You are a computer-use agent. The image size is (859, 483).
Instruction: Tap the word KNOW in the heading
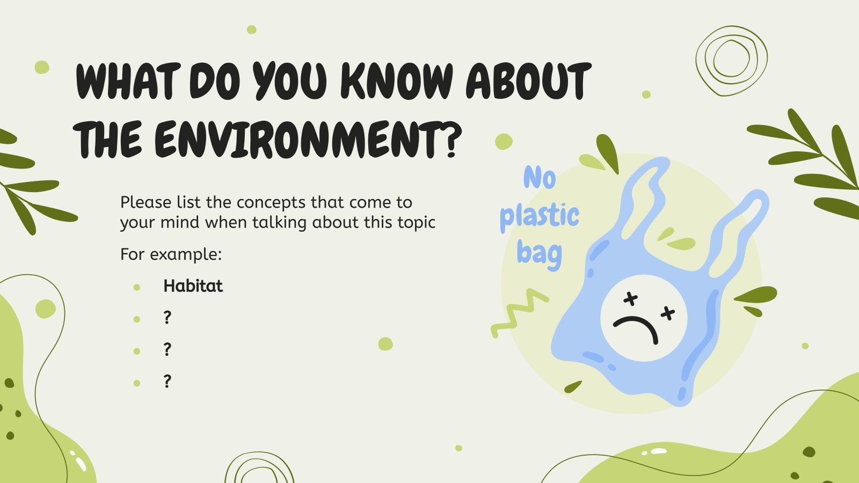[396, 82]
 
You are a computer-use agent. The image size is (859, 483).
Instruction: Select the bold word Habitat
[193, 286]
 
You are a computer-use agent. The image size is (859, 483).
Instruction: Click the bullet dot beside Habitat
[137, 287]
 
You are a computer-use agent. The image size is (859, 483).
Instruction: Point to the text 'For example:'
[171, 254]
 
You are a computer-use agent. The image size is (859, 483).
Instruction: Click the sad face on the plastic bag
[643, 318]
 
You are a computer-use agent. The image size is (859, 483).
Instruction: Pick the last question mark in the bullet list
[168, 382]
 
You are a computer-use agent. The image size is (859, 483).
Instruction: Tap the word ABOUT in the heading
[528, 82]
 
